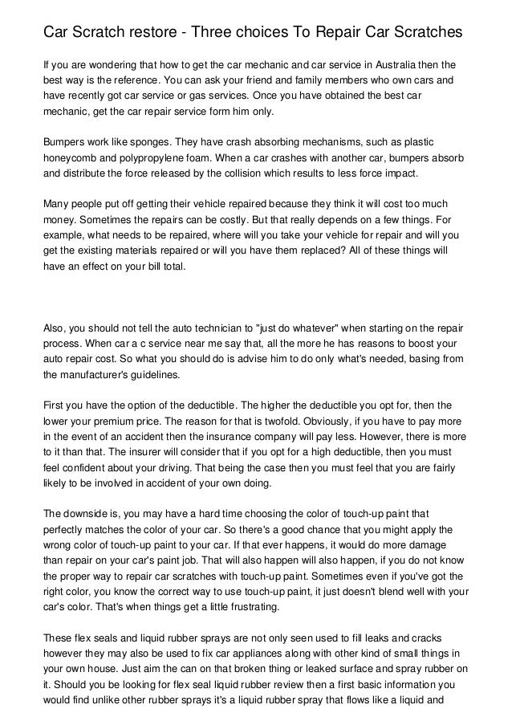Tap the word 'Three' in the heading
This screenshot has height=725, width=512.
[x=230, y=33]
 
